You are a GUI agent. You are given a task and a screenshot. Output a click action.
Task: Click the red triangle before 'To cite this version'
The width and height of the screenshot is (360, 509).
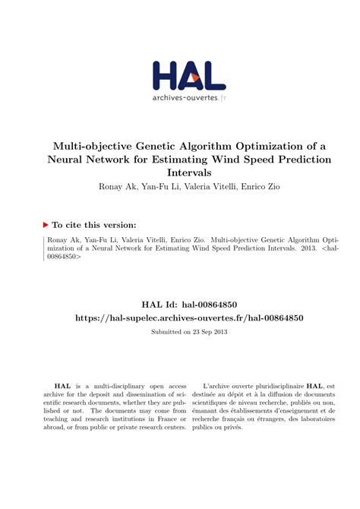coord(46,225)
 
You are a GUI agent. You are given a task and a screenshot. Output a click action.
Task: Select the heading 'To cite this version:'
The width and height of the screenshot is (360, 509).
coord(95,225)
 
